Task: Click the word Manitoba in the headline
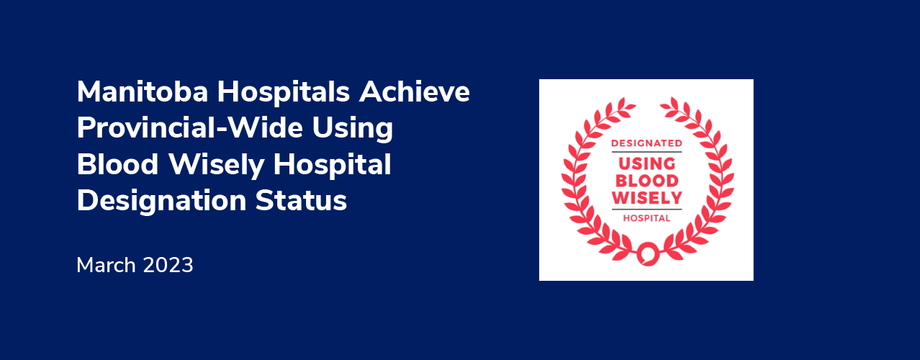coord(143,91)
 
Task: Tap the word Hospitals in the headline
coord(284,93)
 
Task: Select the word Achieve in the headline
coord(415,91)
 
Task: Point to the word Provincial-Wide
coord(190,127)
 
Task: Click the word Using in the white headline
coord(353,129)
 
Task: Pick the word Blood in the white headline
coord(117,164)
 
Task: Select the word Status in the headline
coord(301,201)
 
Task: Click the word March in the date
coord(106,265)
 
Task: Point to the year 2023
coord(168,265)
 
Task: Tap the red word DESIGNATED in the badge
coord(646,143)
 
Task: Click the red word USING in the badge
coord(647,163)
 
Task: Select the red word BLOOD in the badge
coord(647,181)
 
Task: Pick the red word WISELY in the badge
coord(647,198)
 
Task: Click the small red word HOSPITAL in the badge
coord(646,218)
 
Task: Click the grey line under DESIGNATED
coord(646,152)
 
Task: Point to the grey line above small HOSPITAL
coord(646,210)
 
